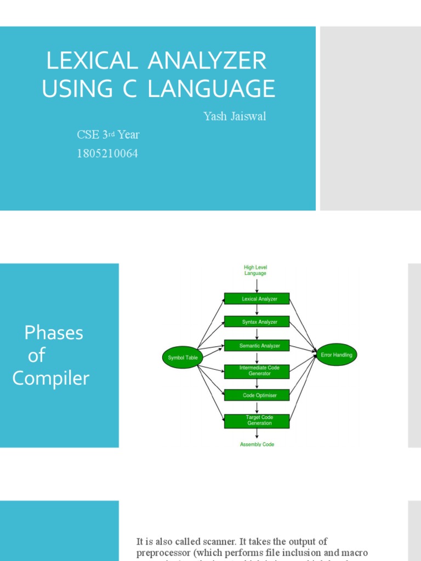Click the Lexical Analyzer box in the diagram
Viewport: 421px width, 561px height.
(257, 299)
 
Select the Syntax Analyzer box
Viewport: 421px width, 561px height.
(257, 322)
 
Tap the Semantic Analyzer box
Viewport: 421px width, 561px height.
(257, 346)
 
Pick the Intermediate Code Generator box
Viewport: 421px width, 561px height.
(257, 371)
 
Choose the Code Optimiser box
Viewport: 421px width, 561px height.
(257, 395)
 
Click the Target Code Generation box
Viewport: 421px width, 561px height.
(257, 420)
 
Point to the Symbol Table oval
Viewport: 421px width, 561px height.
(183, 358)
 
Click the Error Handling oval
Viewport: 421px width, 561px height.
(337, 355)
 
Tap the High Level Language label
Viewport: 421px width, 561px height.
(255, 270)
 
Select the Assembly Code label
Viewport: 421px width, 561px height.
(257, 444)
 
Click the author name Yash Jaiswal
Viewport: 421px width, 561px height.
(235, 116)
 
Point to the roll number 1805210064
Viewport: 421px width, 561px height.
(107, 154)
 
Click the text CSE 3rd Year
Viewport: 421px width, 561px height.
(108, 135)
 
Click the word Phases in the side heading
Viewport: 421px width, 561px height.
(54, 333)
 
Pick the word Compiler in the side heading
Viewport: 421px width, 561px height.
(51, 378)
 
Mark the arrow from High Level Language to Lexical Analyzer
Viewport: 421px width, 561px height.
(257, 285)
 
